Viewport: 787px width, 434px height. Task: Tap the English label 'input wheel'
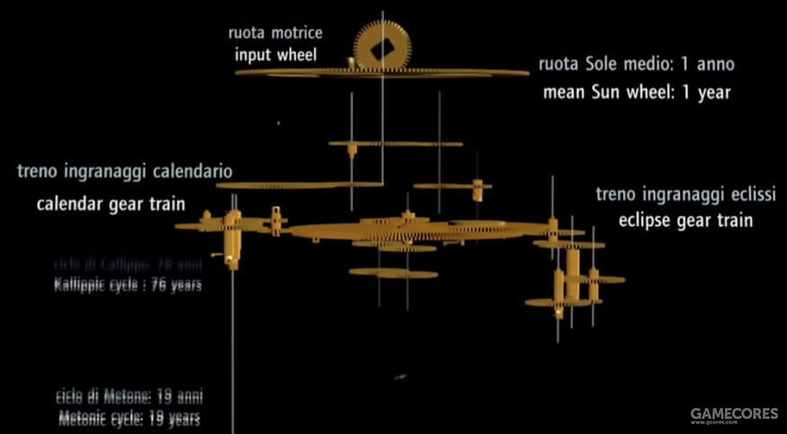(x=276, y=54)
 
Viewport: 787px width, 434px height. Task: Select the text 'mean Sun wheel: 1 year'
(x=637, y=92)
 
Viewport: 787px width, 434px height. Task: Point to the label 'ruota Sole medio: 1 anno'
(x=637, y=66)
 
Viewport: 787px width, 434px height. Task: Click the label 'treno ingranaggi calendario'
(x=124, y=171)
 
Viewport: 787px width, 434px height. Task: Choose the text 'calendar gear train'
(x=111, y=204)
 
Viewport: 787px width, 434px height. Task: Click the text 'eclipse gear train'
(x=684, y=220)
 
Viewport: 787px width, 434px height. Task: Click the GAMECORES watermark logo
(x=734, y=414)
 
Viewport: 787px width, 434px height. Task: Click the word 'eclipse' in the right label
(x=646, y=220)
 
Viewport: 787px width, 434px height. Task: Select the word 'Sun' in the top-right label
(x=598, y=92)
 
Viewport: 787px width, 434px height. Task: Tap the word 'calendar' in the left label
(x=67, y=204)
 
